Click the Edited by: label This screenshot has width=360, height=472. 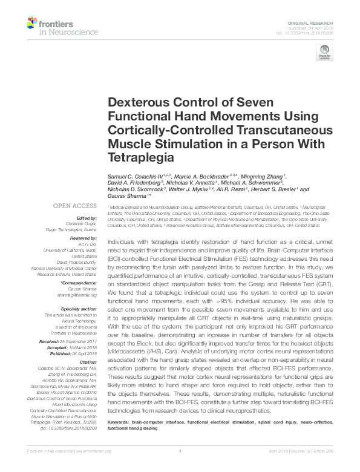tap(85, 218)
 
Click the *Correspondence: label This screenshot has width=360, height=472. tap(79, 283)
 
